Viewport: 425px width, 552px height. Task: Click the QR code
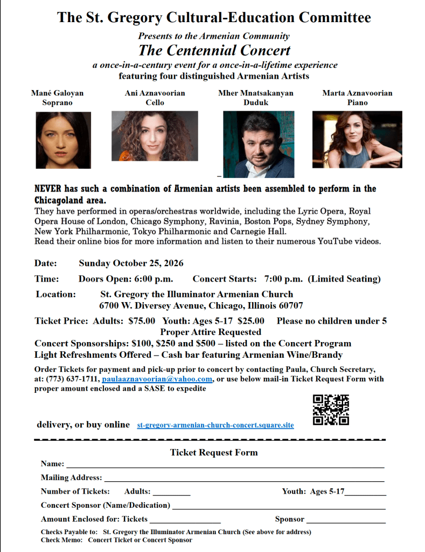point(331,410)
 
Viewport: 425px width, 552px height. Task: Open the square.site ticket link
point(215,425)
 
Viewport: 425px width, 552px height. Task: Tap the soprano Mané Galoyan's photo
point(64,140)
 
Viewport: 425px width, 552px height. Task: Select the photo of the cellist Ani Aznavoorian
point(155,136)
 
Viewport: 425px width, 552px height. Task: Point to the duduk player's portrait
point(259,144)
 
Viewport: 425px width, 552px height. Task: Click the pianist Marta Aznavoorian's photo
point(357,139)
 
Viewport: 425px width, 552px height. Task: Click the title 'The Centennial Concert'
point(214,51)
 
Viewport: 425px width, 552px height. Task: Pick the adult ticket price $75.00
point(142,321)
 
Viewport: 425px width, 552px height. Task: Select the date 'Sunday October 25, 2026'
point(131,263)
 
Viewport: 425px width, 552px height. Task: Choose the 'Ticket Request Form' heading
point(214,452)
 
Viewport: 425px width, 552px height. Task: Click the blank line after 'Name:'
point(225,465)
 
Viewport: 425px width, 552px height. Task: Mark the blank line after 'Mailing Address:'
point(244,479)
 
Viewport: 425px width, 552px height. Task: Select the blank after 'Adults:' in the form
point(171,493)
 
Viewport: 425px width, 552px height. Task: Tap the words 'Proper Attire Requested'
point(211,332)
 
